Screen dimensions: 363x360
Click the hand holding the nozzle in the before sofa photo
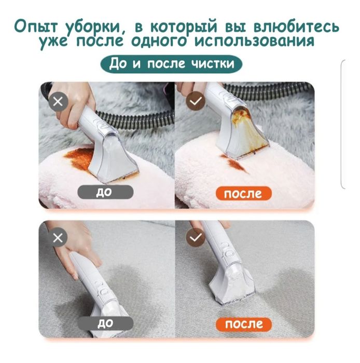[78, 244]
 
